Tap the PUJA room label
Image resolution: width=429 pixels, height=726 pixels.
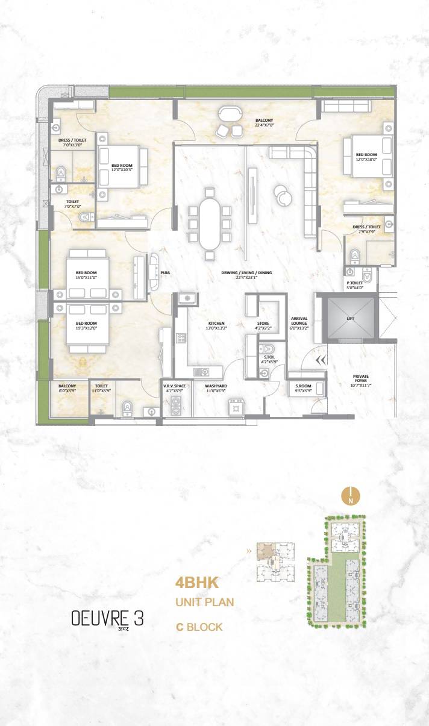(x=164, y=273)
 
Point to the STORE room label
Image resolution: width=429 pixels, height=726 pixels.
(x=263, y=323)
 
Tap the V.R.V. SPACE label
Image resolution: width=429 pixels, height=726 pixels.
(x=174, y=385)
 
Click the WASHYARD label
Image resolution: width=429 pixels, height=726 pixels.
(x=215, y=385)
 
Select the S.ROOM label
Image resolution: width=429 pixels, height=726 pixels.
(x=303, y=385)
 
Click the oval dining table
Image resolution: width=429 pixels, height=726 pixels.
(x=210, y=223)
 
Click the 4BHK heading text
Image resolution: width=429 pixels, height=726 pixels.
(x=196, y=583)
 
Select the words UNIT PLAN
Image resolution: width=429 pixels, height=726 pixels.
(x=204, y=602)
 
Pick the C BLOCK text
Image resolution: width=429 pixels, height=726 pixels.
(x=199, y=627)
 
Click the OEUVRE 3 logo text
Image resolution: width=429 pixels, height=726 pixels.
(x=108, y=618)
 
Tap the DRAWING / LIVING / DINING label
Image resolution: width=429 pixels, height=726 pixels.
(x=246, y=273)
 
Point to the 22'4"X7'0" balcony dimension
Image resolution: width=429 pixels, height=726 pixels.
(x=264, y=125)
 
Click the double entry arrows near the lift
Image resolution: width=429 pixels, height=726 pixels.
(x=321, y=360)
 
